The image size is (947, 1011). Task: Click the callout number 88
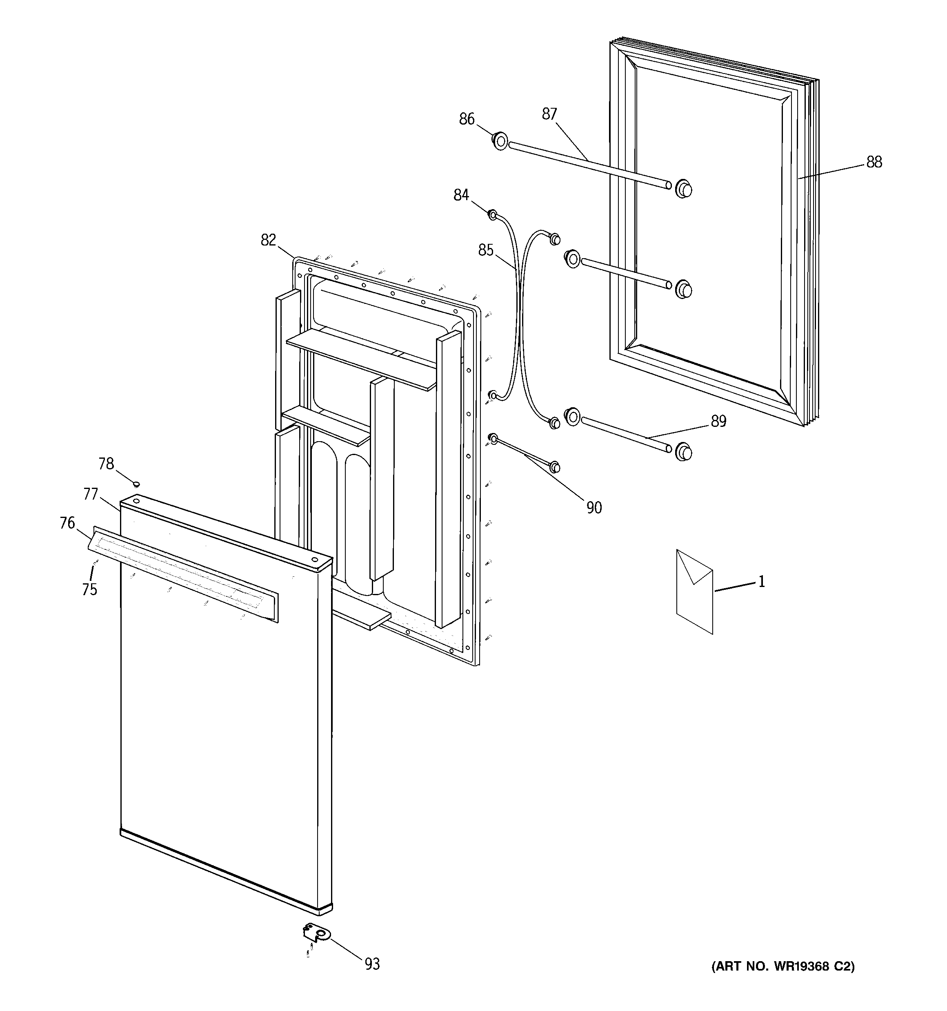click(874, 162)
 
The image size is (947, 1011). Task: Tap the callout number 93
click(372, 964)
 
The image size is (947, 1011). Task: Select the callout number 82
click(269, 240)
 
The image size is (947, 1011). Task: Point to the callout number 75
click(89, 589)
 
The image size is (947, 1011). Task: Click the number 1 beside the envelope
click(761, 581)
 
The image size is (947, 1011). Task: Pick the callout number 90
click(594, 507)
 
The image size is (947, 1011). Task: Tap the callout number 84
click(461, 195)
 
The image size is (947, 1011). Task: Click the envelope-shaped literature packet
click(694, 591)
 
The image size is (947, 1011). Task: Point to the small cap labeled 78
click(136, 483)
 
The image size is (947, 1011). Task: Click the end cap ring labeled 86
click(500, 141)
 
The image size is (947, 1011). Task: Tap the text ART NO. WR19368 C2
click(783, 966)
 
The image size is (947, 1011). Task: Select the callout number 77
click(91, 494)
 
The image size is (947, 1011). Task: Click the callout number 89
click(718, 421)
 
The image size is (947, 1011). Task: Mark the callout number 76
click(67, 523)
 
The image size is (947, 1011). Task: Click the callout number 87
click(549, 114)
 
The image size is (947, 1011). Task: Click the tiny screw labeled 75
click(95, 561)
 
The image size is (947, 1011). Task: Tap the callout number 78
click(106, 464)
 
